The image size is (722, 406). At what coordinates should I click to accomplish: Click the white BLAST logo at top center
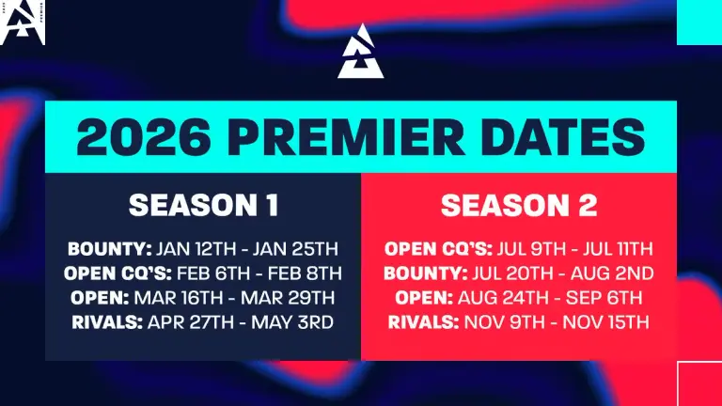click(x=361, y=52)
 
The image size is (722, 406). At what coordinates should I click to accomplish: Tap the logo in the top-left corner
click(x=23, y=23)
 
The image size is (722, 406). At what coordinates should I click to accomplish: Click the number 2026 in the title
click(x=144, y=137)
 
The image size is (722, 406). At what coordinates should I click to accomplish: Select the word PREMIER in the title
click(x=346, y=137)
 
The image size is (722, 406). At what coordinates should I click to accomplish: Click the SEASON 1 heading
click(x=203, y=205)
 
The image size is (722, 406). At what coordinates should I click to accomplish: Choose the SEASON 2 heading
click(x=519, y=205)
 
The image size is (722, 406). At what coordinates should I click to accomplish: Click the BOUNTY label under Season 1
click(x=110, y=249)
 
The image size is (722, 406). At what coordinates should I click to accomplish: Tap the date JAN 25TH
click(x=295, y=249)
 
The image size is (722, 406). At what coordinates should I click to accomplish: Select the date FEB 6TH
click(x=213, y=273)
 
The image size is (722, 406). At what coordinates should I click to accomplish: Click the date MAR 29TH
click(x=288, y=298)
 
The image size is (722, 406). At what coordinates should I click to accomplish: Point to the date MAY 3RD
click(x=292, y=322)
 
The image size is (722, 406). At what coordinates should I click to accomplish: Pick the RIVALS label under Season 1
click(x=107, y=322)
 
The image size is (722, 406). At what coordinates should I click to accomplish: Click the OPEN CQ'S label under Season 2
click(x=438, y=249)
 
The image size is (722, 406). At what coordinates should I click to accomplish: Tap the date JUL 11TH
click(x=618, y=249)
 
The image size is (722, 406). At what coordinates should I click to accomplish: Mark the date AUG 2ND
click(x=612, y=273)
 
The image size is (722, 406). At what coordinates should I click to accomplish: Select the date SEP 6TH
click(x=604, y=298)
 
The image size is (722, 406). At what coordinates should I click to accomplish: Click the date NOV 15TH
click(x=606, y=322)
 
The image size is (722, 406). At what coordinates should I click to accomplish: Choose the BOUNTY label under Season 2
click(x=426, y=273)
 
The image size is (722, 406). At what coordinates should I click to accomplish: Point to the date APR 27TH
click(x=191, y=322)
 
